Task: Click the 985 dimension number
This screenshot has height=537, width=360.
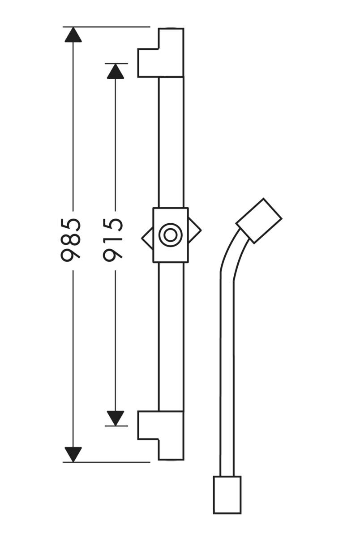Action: [x=71, y=239]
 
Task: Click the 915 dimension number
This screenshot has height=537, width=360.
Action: [x=113, y=239]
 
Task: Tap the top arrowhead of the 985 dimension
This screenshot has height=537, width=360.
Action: [x=73, y=34]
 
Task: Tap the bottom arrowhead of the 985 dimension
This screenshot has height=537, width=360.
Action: [x=73, y=454]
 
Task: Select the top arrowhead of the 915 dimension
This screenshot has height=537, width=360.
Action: [x=116, y=71]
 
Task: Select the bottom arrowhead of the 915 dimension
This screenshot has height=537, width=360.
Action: [x=116, y=418]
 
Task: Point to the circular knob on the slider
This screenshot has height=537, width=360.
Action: [x=170, y=234]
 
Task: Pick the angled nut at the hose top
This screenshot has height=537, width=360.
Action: [x=259, y=221]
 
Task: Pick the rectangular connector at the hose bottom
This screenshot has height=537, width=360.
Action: [x=227, y=494]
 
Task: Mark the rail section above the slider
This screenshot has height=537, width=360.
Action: [x=171, y=143]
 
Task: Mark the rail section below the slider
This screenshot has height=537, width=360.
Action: [x=171, y=336]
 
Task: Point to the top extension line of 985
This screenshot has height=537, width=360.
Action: [x=107, y=27]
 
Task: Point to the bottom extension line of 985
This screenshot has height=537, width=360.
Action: [x=107, y=462]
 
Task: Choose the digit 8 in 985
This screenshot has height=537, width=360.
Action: [x=71, y=239]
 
